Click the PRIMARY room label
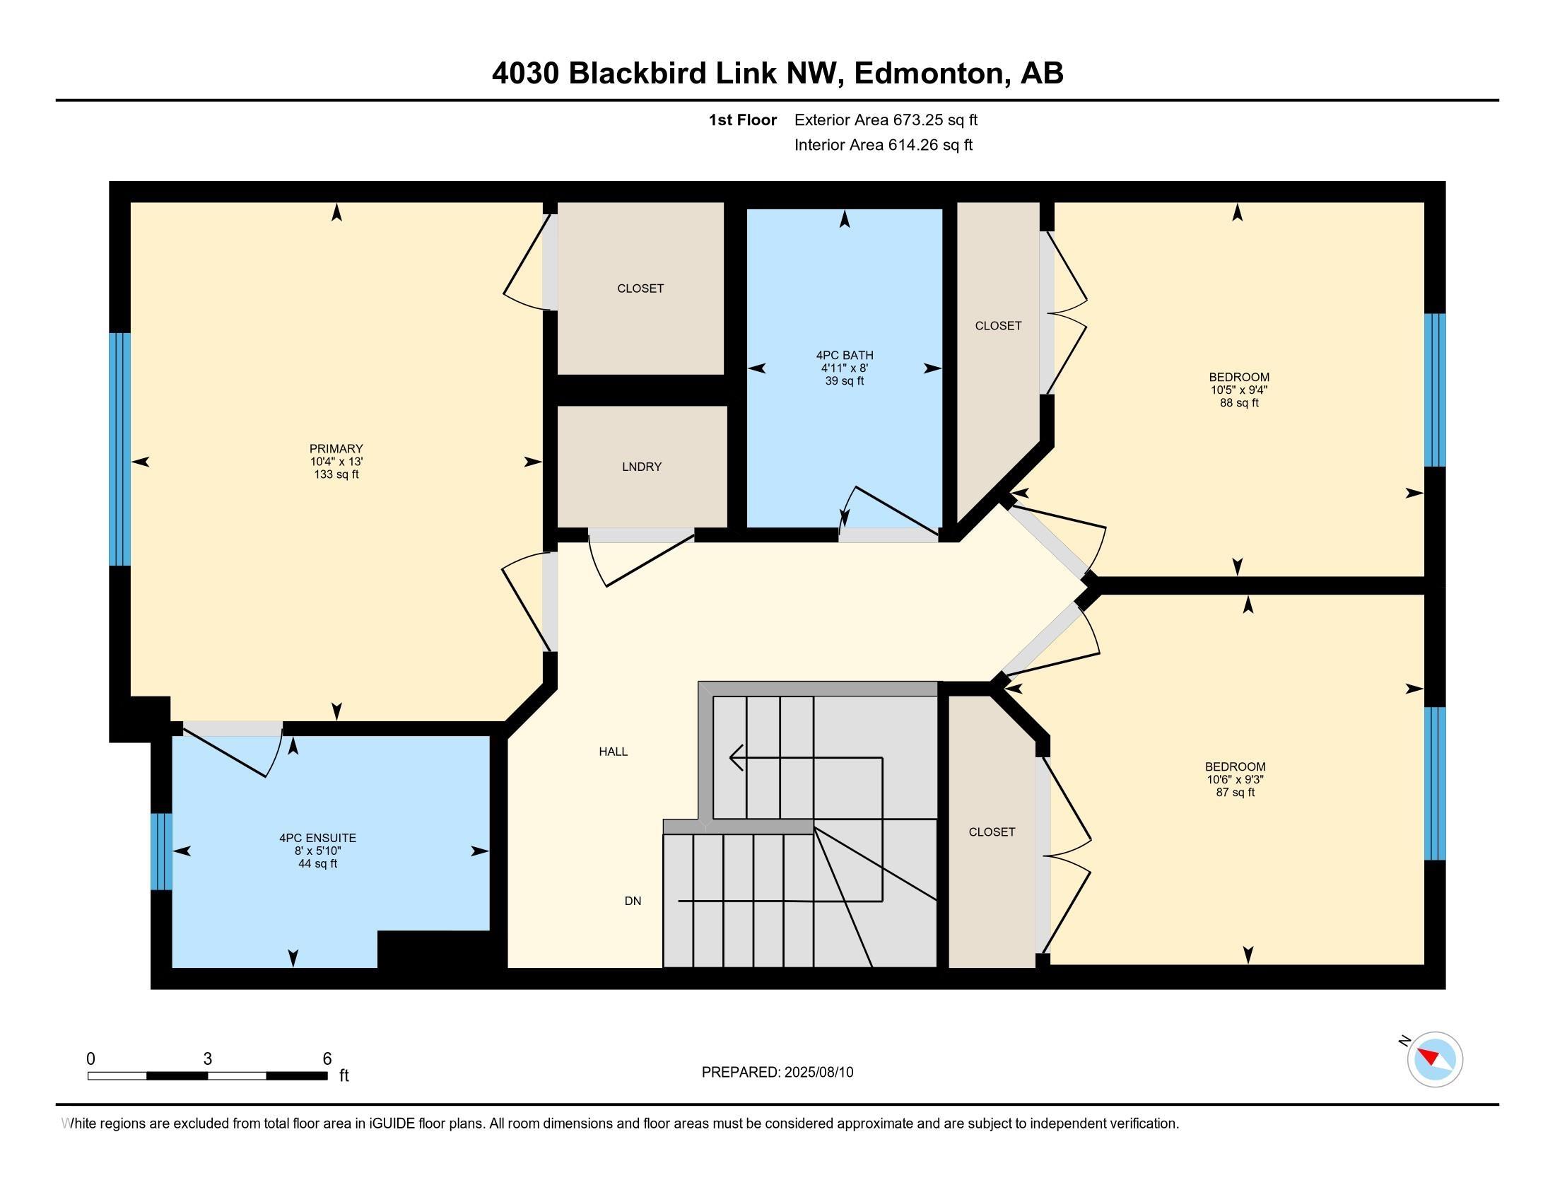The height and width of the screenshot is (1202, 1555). coord(336,448)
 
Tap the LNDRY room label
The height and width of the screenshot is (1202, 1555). coord(642,467)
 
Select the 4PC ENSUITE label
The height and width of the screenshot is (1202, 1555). coord(317,838)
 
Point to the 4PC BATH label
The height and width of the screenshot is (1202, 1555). coord(845,356)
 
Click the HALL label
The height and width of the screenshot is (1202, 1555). coord(613,751)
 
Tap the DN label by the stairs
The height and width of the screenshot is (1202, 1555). coord(633,901)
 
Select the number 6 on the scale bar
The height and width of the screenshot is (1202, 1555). coord(327,1059)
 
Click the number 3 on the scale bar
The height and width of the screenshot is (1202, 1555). coord(207,1059)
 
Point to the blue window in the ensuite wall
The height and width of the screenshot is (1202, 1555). coord(162,852)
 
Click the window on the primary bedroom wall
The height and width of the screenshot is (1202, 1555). coord(119,449)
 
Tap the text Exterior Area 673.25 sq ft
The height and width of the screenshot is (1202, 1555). coord(886,120)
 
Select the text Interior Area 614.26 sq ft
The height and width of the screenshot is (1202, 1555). coord(884,145)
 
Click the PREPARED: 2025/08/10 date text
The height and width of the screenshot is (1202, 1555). coord(777,1073)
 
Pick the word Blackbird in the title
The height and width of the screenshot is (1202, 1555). coord(638,74)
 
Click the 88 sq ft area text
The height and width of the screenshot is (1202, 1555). coord(1240,402)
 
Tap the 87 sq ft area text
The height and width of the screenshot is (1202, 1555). coord(1236,792)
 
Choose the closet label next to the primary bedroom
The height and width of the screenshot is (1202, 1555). coord(641,288)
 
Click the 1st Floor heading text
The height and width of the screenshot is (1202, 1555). coord(743,120)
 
